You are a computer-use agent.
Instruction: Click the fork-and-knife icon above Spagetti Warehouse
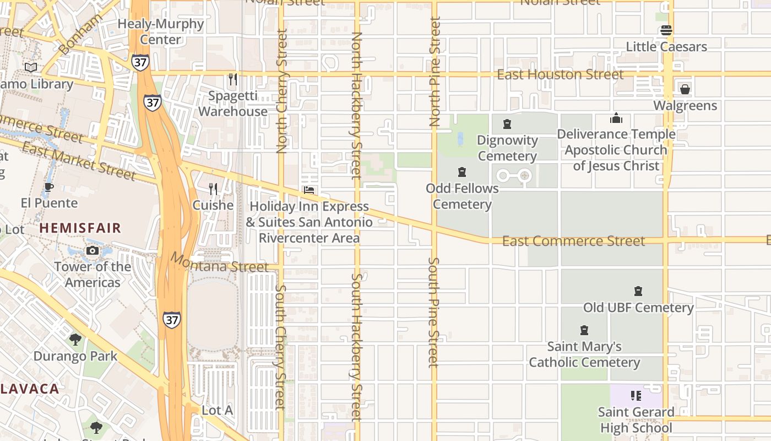(233, 80)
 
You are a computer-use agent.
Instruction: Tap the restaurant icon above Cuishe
(213, 189)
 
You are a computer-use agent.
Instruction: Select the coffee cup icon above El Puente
(49, 187)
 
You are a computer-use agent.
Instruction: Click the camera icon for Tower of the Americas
(93, 251)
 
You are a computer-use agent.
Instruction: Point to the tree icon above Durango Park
(75, 340)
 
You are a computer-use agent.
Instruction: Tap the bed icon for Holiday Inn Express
(309, 190)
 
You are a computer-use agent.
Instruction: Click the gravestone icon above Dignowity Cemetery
(507, 124)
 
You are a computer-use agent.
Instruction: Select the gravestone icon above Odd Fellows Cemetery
(462, 172)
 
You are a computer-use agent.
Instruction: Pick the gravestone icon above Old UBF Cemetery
(638, 291)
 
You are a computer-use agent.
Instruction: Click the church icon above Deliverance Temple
(616, 118)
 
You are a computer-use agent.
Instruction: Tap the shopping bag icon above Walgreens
(685, 89)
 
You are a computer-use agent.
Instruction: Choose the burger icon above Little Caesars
(666, 30)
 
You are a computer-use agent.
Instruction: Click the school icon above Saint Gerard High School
(636, 396)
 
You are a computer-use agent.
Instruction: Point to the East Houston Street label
(560, 74)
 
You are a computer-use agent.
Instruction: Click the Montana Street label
(219, 262)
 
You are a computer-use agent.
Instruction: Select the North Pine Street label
(435, 72)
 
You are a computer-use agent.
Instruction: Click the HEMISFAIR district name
(80, 228)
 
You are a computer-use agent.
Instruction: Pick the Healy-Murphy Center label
(161, 32)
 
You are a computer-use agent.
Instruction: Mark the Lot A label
(217, 410)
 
